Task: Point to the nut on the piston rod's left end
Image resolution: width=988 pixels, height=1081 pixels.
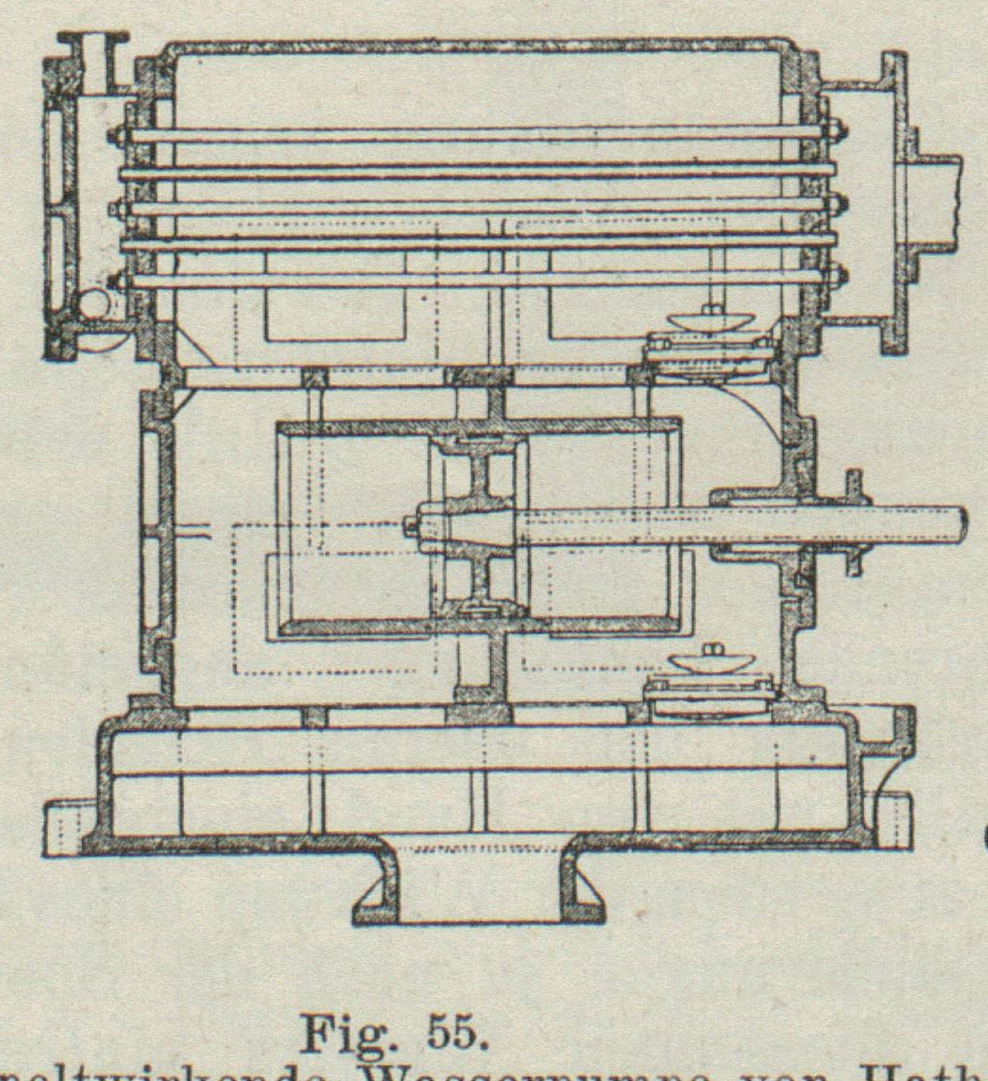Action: (413, 525)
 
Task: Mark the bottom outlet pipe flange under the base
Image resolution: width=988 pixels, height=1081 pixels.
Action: (478, 907)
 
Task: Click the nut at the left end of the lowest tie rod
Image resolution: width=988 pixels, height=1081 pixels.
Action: (117, 281)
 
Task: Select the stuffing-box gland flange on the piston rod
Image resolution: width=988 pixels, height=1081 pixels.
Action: (856, 521)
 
